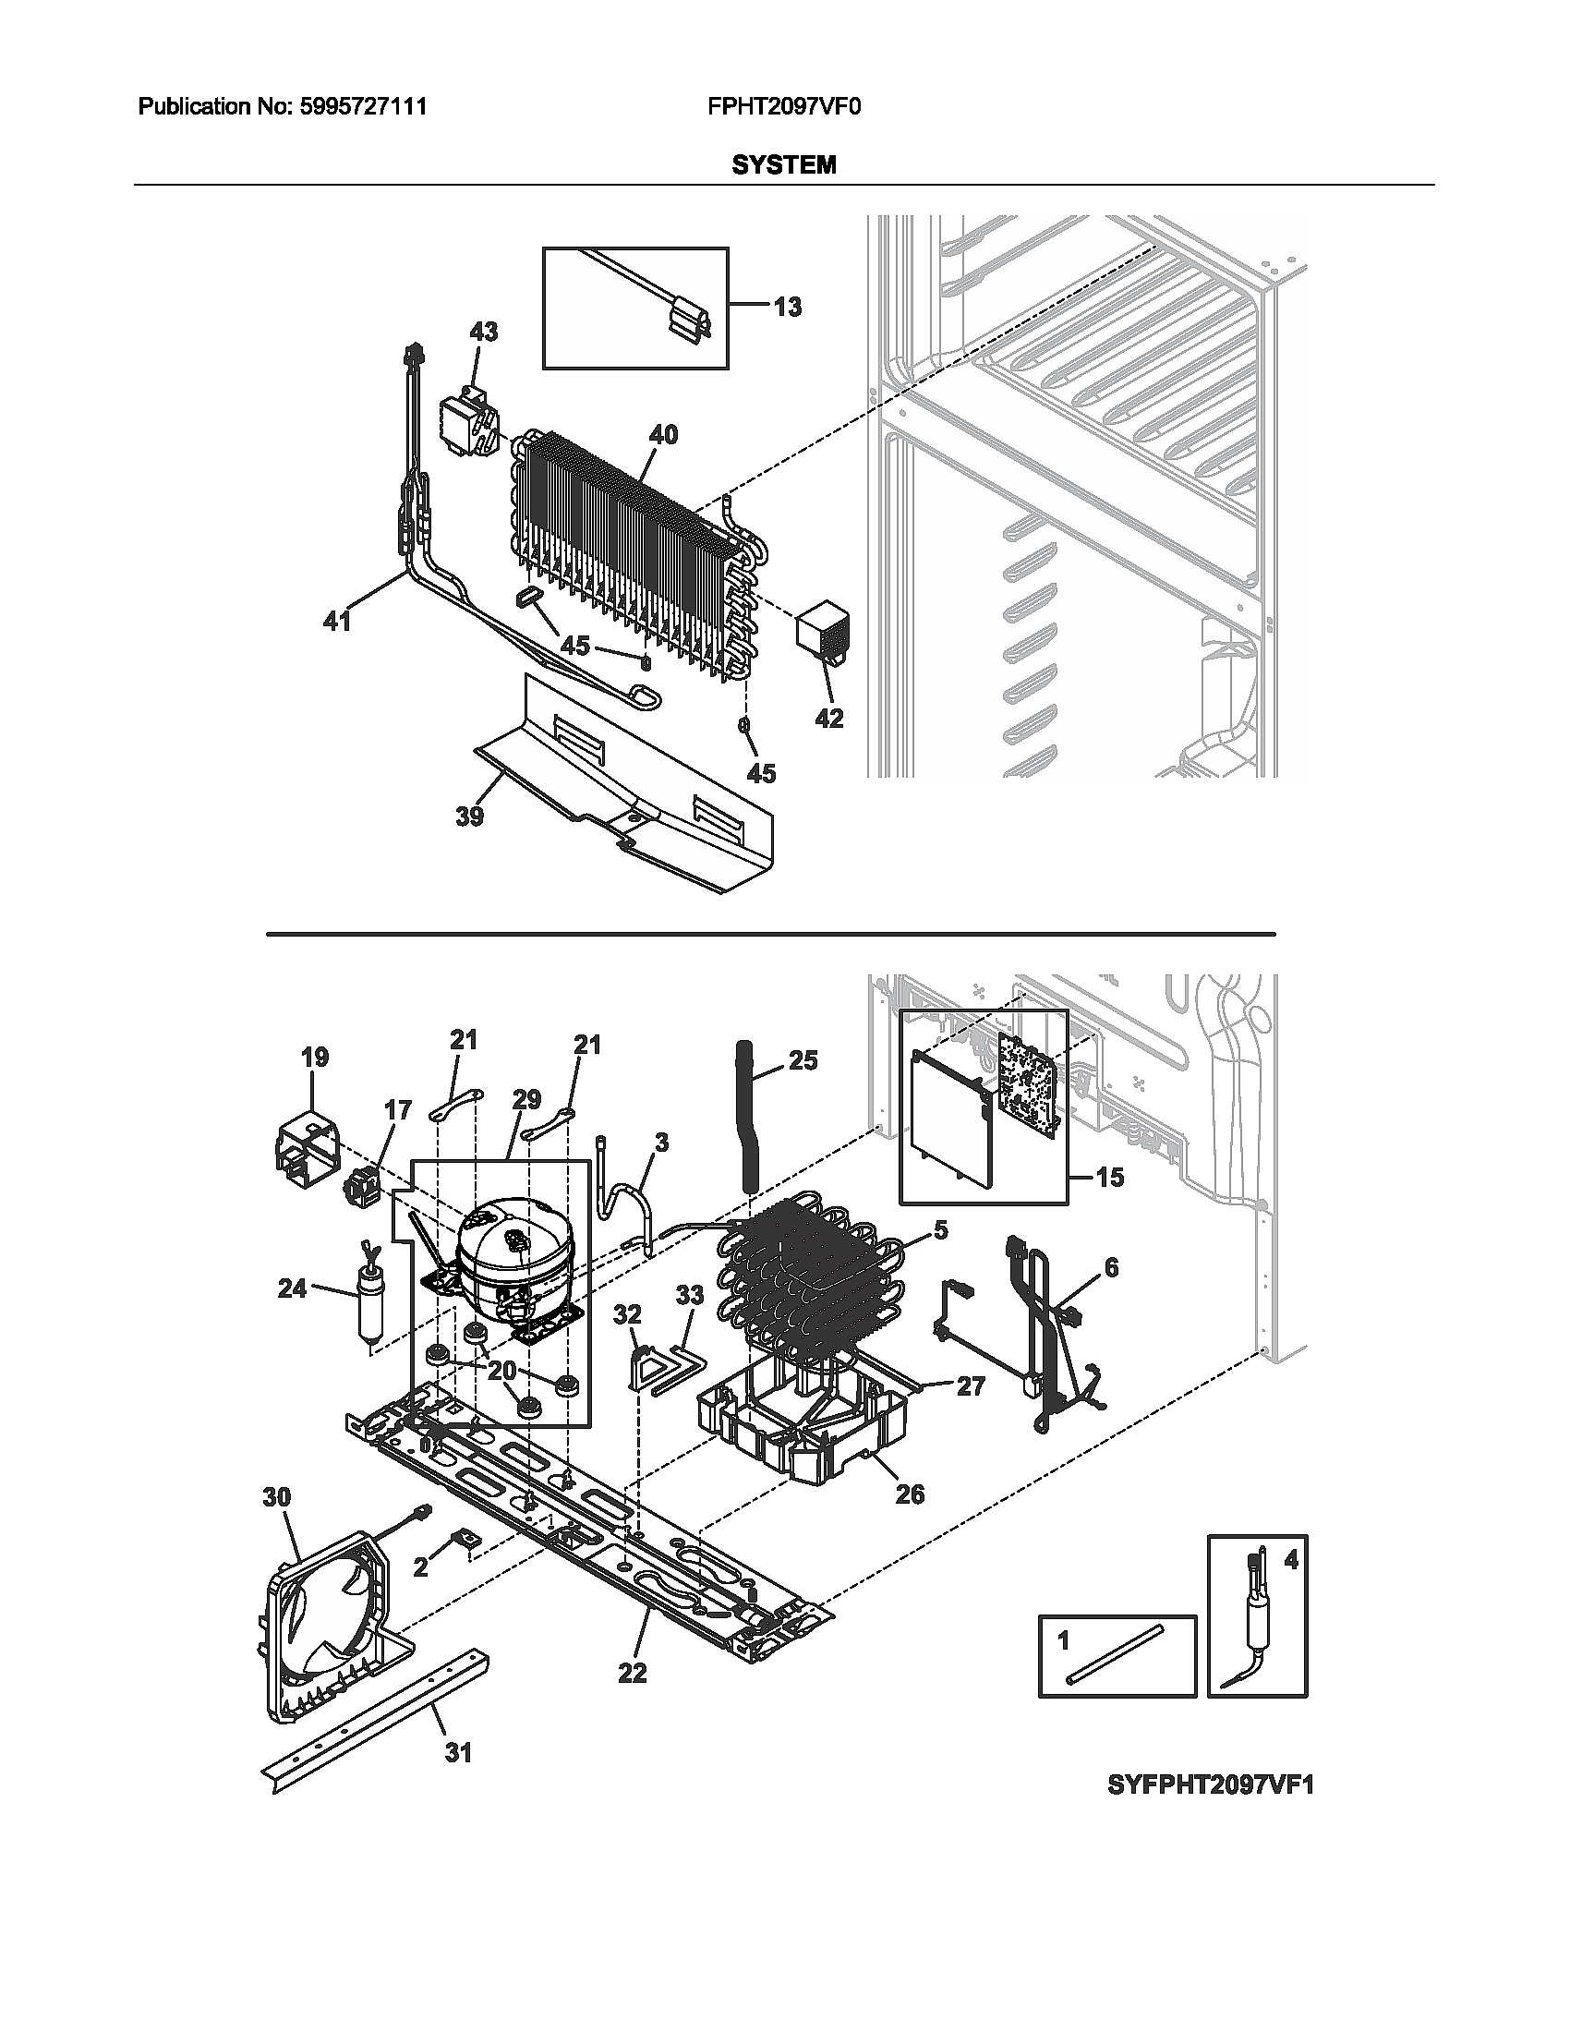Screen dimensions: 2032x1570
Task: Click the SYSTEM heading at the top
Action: point(783,165)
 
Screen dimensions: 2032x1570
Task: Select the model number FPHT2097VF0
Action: point(784,107)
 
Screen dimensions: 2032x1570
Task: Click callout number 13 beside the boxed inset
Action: point(787,307)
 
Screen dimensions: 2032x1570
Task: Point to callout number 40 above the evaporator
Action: point(663,434)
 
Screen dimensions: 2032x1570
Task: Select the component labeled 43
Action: point(470,424)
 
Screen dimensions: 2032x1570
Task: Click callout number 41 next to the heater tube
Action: point(337,621)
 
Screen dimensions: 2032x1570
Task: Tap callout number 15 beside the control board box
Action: point(1109,1178)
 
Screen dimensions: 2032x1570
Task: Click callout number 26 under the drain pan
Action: point(910,1494)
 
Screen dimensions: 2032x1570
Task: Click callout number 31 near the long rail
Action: point(457,1753)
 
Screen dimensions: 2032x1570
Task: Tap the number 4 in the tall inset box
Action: point(1290,1560)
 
